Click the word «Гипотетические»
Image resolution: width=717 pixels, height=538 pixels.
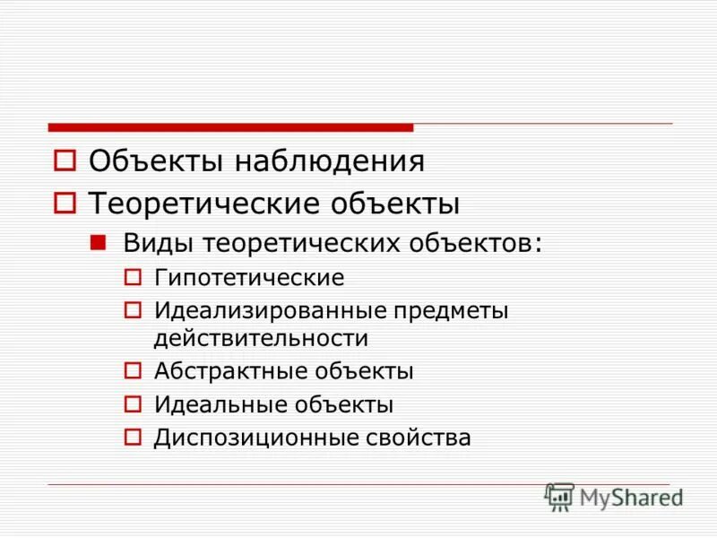coord(249,278)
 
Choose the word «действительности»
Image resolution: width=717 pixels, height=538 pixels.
coord(261,339)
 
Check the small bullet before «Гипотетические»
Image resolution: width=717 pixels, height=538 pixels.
coord(133,278)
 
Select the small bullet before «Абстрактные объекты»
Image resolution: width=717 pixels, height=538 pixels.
coord(133,370)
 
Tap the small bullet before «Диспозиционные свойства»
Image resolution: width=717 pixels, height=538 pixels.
coord(133,438)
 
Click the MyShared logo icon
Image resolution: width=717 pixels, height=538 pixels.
coord(560,497)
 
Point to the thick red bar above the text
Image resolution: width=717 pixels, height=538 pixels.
coord(230,127)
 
